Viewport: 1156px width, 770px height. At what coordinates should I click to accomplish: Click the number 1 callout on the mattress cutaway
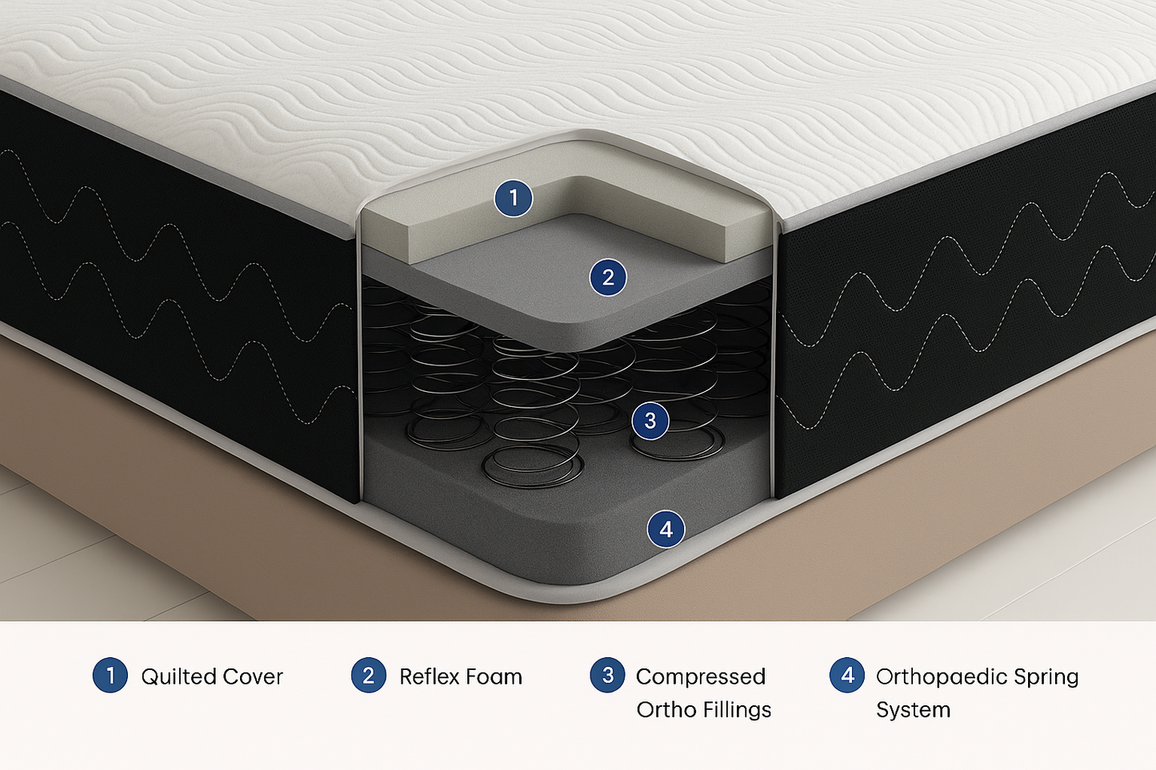point(514,197)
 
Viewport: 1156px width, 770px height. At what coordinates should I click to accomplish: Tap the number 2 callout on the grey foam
point(608,277)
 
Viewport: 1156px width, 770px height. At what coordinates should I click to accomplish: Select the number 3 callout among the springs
point(650,421)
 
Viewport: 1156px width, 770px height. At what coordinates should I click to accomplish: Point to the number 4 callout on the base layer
point(666,529)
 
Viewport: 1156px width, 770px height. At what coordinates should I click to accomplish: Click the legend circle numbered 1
point(110,675)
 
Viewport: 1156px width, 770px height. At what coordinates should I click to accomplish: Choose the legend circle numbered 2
point(369,675)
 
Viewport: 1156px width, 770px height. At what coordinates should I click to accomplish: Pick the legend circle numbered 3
point(607,675)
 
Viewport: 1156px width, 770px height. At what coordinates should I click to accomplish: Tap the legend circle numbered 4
point(847,675)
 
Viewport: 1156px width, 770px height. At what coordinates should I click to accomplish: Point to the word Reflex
point(431,676)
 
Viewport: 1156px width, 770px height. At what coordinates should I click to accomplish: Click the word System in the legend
point(913,711)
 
